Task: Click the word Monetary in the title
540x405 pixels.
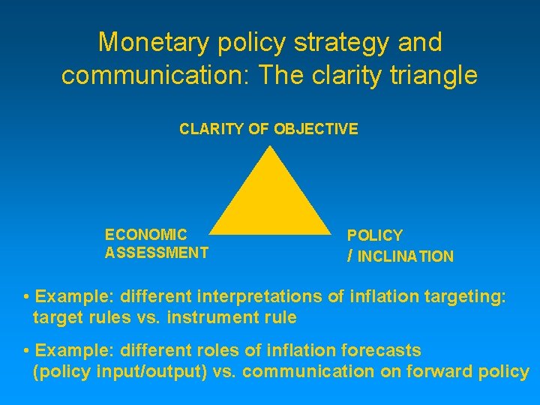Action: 151,42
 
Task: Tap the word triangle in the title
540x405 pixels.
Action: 433,76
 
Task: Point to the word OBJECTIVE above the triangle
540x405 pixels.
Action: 316,129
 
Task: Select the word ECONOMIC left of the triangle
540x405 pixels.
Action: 146,235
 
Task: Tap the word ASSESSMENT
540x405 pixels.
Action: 157,253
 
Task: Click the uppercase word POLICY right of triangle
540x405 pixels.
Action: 375,235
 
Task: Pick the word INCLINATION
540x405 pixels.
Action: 406,256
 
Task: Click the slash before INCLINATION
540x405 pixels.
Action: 350,256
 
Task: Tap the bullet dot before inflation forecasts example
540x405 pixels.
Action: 26,351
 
